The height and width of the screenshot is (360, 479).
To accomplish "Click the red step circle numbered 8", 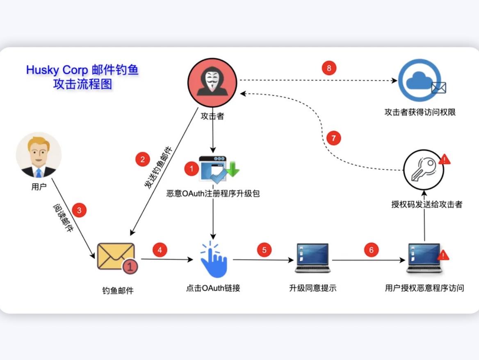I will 329,68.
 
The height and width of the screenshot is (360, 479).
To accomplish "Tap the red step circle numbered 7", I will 333,138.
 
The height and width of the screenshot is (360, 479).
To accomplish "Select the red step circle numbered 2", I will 142,159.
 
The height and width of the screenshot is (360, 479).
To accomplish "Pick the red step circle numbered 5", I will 265,250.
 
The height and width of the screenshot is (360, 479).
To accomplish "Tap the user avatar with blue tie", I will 39,155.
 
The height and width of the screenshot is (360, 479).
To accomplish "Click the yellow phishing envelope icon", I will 116,257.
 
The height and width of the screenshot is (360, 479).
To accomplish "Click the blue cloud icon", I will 419,80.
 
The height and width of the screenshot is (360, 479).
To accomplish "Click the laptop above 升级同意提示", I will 313,258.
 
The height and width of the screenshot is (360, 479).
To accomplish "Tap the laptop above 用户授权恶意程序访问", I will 424,258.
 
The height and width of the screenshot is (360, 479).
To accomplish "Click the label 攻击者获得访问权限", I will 420,112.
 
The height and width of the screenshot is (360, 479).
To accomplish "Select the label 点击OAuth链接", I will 213,288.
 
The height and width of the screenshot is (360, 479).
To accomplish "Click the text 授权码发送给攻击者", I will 427,204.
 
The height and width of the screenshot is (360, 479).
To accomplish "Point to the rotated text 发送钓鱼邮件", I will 158,168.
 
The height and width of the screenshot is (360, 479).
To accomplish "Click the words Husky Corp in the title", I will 57,70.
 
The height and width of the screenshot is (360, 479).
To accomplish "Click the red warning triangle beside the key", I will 444,159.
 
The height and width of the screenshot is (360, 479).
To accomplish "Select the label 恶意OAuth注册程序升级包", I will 213,193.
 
